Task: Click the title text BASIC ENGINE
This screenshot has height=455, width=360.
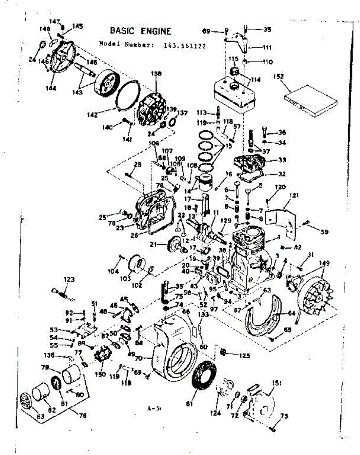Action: pos(140,31)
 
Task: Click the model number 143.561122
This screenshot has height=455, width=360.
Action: pos(185,46)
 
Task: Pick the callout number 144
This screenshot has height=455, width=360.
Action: pos(51,88)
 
